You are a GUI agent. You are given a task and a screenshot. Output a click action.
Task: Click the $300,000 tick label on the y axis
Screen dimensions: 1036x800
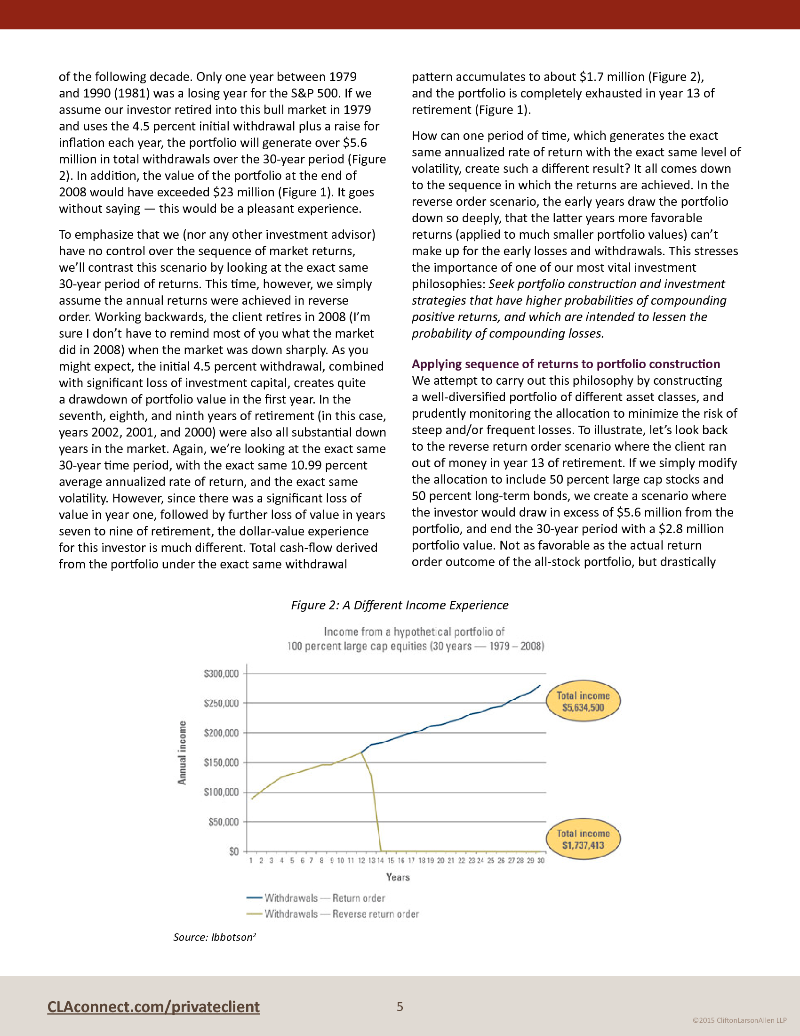click(x=221, y=673)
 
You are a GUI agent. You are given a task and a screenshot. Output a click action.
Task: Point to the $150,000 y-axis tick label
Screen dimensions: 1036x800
click(x=221, y=762)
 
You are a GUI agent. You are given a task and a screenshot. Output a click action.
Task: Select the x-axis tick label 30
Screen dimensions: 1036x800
click(x=541, y=860)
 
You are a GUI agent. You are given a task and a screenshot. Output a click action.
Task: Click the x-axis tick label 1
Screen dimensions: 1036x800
click(x=251, y=860)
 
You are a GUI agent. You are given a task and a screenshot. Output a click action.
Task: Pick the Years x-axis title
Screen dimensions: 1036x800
click(x=398, y=877)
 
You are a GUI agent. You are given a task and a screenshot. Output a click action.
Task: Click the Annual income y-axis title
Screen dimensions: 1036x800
click(x=182, y=753)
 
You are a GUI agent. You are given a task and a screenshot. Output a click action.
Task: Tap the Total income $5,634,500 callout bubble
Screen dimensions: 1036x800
click(x=583, y=701)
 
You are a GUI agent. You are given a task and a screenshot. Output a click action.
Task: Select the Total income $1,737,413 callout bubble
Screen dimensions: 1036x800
click(x=583, y=839)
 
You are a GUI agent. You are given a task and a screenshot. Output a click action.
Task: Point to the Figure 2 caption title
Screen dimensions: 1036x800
click(x=400, y=605)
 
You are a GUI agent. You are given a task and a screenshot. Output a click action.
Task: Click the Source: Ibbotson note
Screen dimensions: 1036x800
click(x=215, y=937)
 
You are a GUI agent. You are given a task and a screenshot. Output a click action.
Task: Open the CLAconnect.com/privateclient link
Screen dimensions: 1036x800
click(x=153, y=1006)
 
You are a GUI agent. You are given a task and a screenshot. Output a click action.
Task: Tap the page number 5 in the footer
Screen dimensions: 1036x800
click(x=400, y=1006)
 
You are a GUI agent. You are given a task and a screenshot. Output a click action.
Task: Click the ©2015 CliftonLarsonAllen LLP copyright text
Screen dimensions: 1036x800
click(x=739, y=1020)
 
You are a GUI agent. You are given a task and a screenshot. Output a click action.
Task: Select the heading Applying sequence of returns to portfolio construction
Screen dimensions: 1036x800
click(x=566, y=364)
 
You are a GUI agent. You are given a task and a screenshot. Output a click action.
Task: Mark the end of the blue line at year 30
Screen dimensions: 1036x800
click(x=540, y=685)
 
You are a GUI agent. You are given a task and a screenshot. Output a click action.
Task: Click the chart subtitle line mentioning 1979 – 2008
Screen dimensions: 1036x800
click(x=415, y=646)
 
